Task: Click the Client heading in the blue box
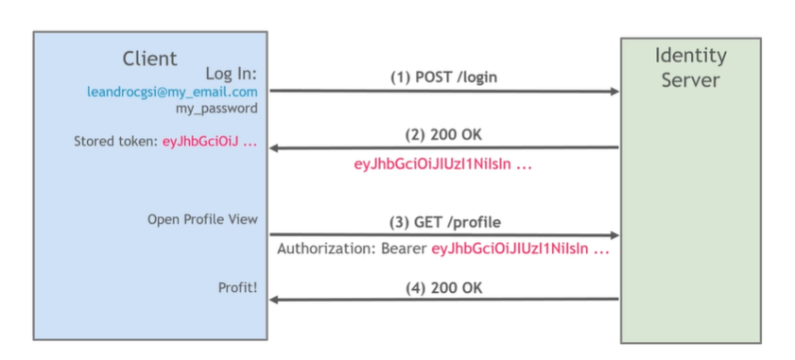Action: [x=149, y=59]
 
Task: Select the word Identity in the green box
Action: [x=690, y=57]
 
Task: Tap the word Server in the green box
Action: [x=690, y=80]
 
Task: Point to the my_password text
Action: [x=216, y=109]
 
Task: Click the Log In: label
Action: [x=231, y=74]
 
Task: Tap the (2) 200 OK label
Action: [x=444, y=134]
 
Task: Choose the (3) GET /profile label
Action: [x=444, y=222]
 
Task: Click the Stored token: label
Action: [x=109, y=142]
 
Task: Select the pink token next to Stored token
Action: [x=203, y=142]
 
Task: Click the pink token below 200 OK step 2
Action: [x=442, y=163]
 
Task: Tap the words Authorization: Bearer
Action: [x=352, y=250]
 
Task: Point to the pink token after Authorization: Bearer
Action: [x=519, y=250]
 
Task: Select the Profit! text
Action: [x=237, y=286]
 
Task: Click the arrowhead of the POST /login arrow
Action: [x=614, y=92]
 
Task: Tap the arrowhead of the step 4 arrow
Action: [x=274, y=300]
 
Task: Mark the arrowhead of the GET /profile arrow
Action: [x=614, y=235]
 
